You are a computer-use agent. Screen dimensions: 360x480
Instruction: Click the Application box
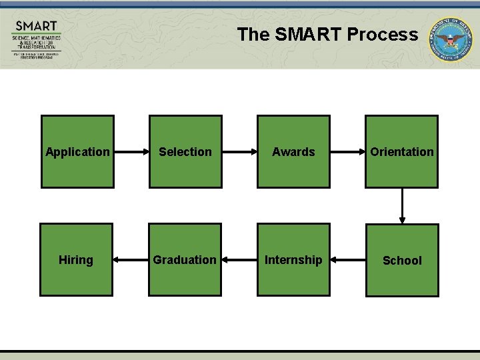coord(77,152)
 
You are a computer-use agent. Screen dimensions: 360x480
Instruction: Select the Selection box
coord(185,152)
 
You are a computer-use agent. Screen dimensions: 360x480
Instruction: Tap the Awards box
coord(293,152)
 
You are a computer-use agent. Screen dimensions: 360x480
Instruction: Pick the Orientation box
coord(401,152)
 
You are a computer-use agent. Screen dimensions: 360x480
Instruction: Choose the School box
coord(402,260)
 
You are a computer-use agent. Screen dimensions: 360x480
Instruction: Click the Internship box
coord(293,259)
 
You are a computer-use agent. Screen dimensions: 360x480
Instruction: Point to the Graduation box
coord(185,259)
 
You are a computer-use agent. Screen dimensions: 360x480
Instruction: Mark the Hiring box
coord(76,259)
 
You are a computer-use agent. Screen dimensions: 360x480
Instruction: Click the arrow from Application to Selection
coord(131,152)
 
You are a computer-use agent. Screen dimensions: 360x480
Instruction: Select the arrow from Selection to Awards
coord(239,152)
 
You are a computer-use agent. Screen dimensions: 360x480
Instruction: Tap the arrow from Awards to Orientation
coord(347,152)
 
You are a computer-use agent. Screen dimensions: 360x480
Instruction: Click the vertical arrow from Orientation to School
coord(402,206)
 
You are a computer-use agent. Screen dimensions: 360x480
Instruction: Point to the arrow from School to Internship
coord(347,259)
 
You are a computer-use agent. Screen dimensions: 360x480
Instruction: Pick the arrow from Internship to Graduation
coord(239,259)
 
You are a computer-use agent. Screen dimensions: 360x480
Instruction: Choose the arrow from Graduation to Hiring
coord(131,259)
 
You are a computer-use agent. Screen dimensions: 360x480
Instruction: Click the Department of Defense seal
coord(449,39)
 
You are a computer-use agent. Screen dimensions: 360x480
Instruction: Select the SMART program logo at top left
coord(37,40)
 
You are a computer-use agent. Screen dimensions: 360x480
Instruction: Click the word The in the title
coord(253,35)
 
